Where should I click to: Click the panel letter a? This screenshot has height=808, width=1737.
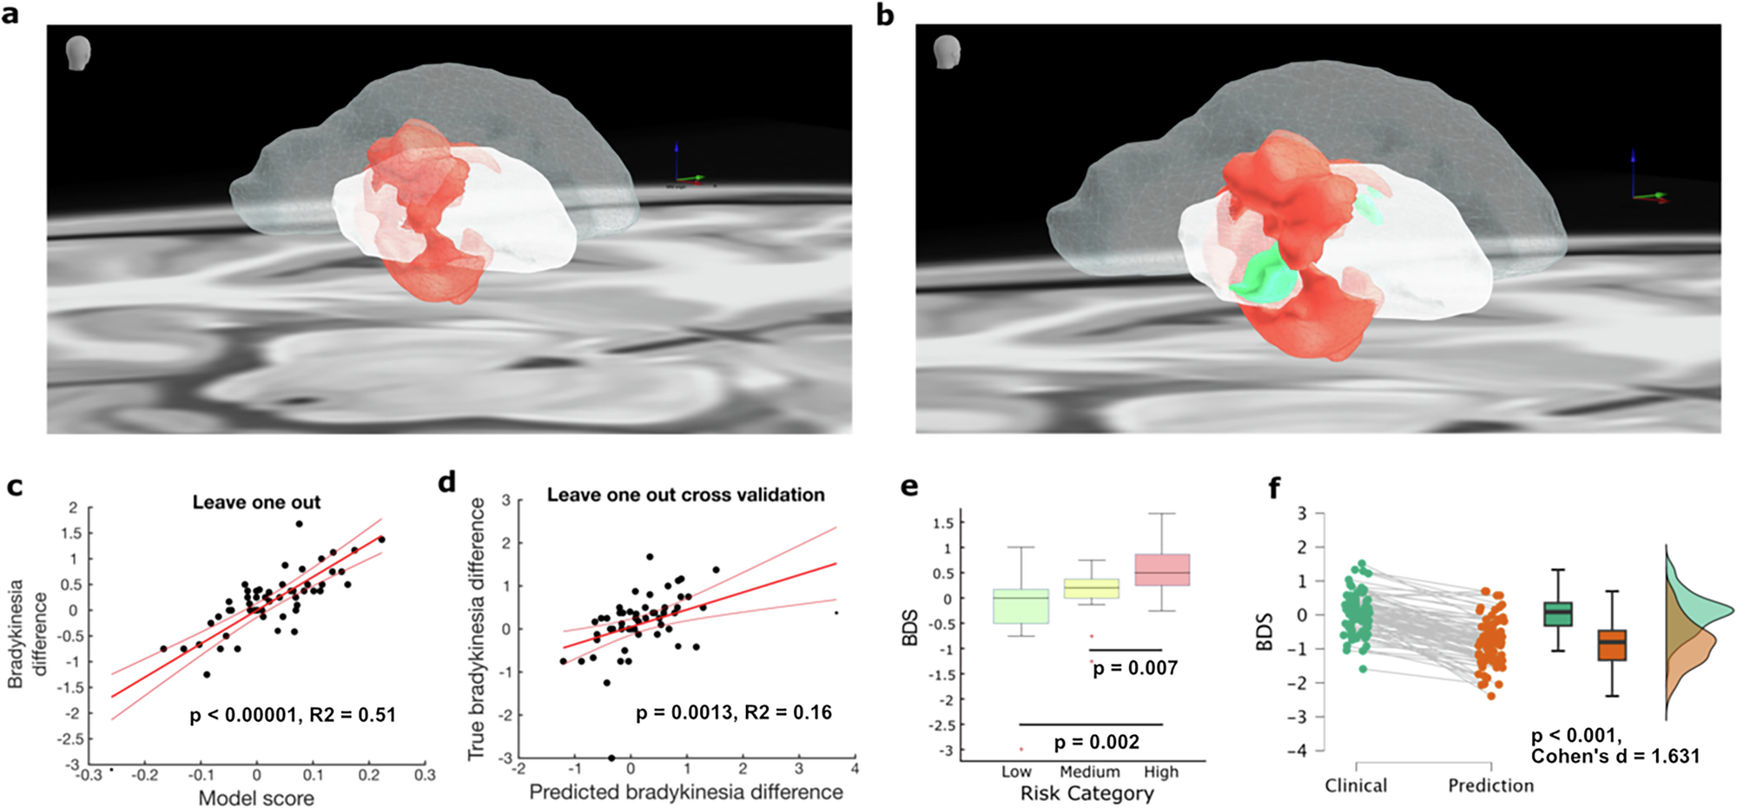point(10,15)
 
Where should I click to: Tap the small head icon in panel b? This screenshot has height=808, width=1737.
point(947,52)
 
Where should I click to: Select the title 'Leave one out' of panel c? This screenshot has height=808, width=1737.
point(256,502)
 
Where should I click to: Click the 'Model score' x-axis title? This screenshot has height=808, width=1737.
point(256,798)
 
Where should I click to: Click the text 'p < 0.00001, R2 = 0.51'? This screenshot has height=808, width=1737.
point(293,715)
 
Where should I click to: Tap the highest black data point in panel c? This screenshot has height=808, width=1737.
point(299,524)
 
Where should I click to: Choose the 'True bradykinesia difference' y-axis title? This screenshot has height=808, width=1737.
point(476,630)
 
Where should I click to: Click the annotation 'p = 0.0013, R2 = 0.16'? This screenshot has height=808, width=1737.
point(733,712)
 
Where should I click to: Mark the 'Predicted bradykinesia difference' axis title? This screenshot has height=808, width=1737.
point(686,791)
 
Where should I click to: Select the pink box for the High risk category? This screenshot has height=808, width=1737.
point(1161,569)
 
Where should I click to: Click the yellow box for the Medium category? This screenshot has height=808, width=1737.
point(1092,588)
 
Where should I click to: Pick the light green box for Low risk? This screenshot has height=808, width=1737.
point(1020,606)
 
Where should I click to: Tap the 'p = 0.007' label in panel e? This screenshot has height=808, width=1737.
point(1135,668)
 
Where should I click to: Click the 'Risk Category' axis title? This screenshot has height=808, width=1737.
point(1086,793)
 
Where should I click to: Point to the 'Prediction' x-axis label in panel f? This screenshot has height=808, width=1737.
point(1490,785)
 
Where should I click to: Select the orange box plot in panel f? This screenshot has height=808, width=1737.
point(1612,645)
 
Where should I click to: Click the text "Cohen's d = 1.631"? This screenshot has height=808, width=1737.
point(1615,756)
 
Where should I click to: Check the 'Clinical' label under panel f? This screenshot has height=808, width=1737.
point(1356,785)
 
